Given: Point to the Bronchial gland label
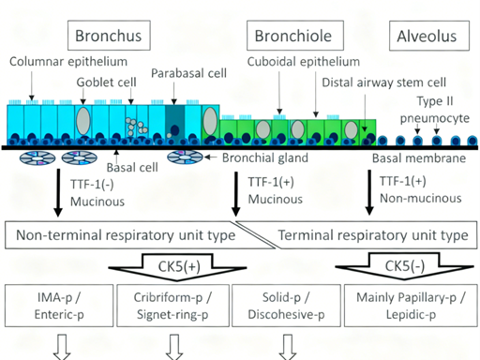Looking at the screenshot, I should pyautogui.click(x=264, y=157).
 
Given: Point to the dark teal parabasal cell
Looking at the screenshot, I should pyautogui.click(x=175, y=123).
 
